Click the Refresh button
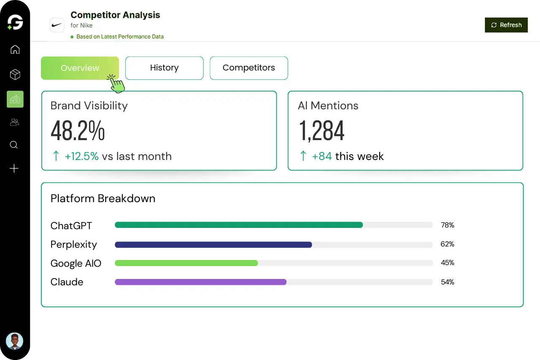click(x=506, y=25)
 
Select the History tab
click(x=164, y=68)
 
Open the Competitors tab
click(x=248, y=68)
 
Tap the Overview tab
click(x=80, y=68)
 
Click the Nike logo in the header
click(x=57, y=25)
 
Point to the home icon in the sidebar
click(x=15, y=49)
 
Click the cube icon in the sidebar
click(x=15, y=75)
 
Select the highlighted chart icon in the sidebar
click(x=15, y=99)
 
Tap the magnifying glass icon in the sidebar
click(x=14, y=145)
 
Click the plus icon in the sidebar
click(x=14, y=169)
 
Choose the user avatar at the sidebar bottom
click(x=14, y=341)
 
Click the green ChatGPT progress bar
click(x=238, y=225)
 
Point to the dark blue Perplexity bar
click(x=213, y=244)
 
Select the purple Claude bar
click(x=200, y=282)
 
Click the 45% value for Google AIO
click(x=447, y=263)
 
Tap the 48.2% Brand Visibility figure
click(x=78, y=131)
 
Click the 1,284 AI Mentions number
click(x=321, y=131)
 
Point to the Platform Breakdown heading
click(x=103, y=198)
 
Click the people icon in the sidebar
click(x=15, y=122)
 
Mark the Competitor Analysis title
click(x=115, y=15)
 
